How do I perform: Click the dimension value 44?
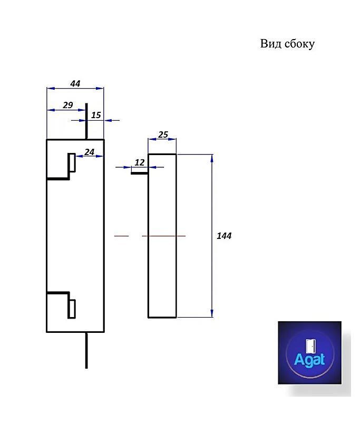[75, 83]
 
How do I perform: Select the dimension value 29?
[67, 105]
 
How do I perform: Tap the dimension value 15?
[96, 115]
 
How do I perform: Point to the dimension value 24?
[89, 152]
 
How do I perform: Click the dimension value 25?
[163, 135]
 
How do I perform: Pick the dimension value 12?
[139, 162]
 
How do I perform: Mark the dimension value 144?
[224, 236]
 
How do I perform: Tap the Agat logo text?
[309, 360]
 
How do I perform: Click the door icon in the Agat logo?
[310, 346]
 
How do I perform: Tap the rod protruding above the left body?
[86, 121]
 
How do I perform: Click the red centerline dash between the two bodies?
[121, 236]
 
